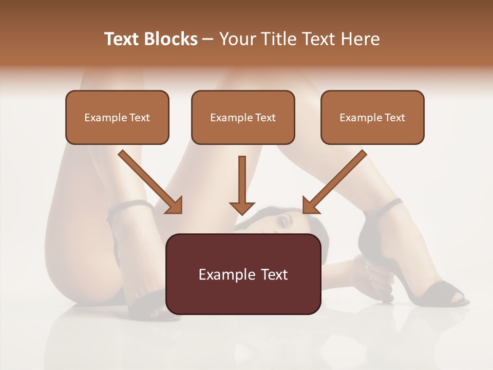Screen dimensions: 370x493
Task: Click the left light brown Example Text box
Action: coord(117,117)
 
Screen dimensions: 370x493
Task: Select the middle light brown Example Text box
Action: coord(243,117)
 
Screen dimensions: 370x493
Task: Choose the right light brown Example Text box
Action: coord(372,117)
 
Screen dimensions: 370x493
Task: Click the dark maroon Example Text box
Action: coord(243,274)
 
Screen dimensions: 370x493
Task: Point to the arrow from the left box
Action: coord(149,181)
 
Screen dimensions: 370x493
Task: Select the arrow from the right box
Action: coord(335,181)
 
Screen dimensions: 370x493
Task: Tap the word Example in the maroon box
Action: coord(221,274)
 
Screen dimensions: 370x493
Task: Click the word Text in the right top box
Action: coord(394,118)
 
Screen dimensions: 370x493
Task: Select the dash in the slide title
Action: coord(208,39)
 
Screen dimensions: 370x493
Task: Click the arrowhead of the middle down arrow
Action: coord(242,207)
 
